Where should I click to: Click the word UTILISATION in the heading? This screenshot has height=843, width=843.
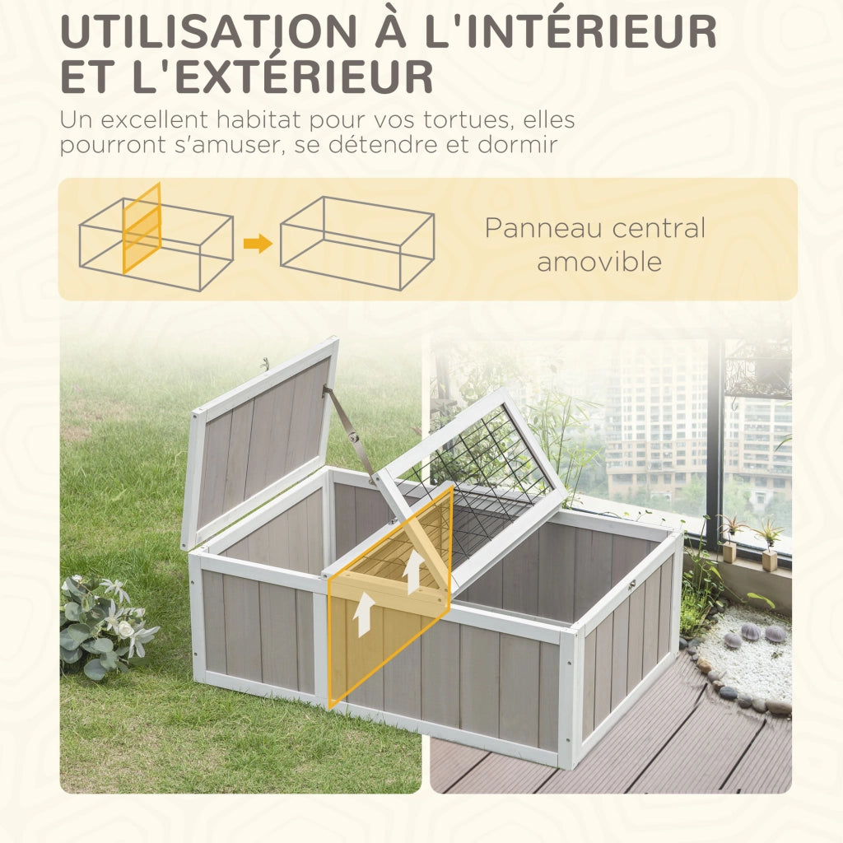point(208,32)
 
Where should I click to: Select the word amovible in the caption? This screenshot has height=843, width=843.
point(599,262)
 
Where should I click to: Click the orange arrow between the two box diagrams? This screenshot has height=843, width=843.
point(258,243)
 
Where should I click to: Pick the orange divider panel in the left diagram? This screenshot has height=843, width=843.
point(142,228)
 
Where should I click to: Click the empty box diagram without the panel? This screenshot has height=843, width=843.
point(357,243)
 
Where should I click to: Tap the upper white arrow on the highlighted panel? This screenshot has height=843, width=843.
point(413,571)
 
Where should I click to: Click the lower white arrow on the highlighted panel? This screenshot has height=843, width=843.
point(364,613)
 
